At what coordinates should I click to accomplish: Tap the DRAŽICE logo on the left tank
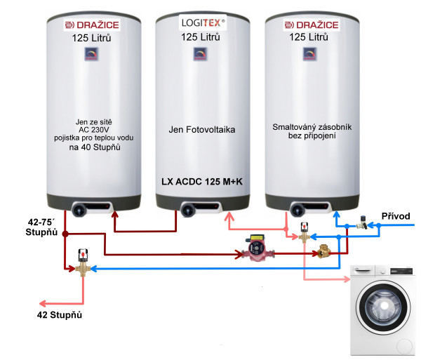pyautogui.click(x=92, y=25)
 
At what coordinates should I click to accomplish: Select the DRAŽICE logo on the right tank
pyautogui.click(x=312, y=25)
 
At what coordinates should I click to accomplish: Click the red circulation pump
pyautogui.click(x=258, y=248)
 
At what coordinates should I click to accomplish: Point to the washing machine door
pyautogui.click(x=383, y=305)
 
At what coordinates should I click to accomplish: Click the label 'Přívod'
pyautogui.click(x=396, y=216)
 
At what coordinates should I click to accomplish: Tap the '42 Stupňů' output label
pyautogui.click(x=60, y=314)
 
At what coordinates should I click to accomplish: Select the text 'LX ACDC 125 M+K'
pyautogui.click(x=202, y=182)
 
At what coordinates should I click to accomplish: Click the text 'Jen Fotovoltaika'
pyautogui.click(x=202, y=130)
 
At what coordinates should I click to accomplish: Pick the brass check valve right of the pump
pyautogui.click(x=323, y=251)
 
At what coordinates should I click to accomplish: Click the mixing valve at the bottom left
pyautogui.click(x=82, y=262)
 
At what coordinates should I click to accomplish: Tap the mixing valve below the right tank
pyautogui.click(x=305, y=232)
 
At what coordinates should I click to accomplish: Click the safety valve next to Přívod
pyautogui.click(x=362, y=222)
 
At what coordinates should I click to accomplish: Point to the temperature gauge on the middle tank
pyautogui.click(x=200, y=54)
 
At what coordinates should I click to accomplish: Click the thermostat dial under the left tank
pyautogui.click(x=79, y=209)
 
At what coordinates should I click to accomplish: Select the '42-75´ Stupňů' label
pyautogui.click(x=41, y=227)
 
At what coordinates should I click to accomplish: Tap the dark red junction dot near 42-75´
pyautogui.click(x=65, y=234)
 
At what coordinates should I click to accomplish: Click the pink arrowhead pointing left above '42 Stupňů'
pyautogui.click(x=43, y=304)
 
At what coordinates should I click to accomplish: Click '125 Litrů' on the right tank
pyautogui.click(x=309, y=37)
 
